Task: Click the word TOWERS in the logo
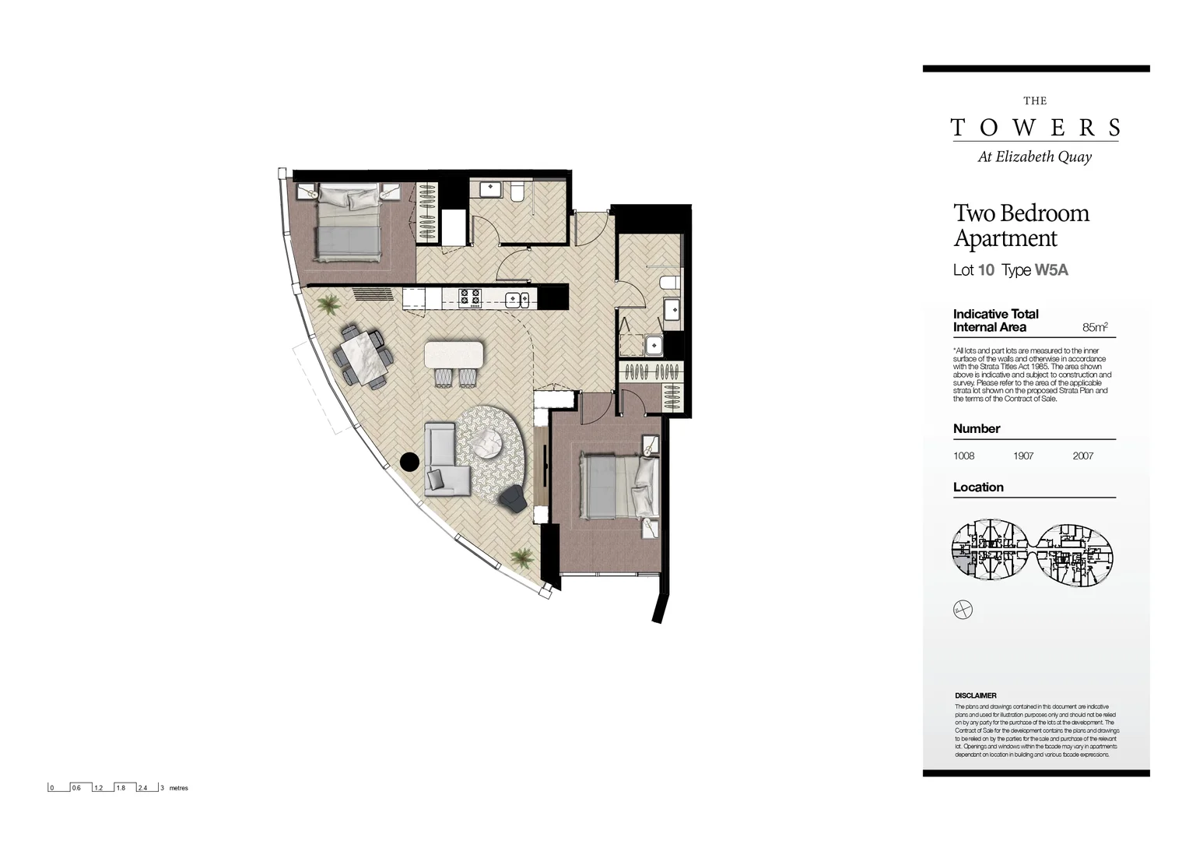tap(1034, 128)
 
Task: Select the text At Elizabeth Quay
tap(1034, 157)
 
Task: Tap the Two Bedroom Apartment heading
tap(1021, 225)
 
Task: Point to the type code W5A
tap(1051, 270)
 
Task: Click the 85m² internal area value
tap(1094, 327)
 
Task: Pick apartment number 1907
tap(1023, 456)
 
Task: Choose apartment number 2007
tap(1082, 456)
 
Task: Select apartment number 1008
tap(963, 456)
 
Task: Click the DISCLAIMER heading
tap(975, 695)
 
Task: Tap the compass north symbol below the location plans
tap(963, 610)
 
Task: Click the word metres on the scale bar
tap(178, 788)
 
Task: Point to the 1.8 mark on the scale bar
tap(121, 788)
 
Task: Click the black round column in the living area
tap(409, 462)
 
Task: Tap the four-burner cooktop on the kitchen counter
tap(469, 297)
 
